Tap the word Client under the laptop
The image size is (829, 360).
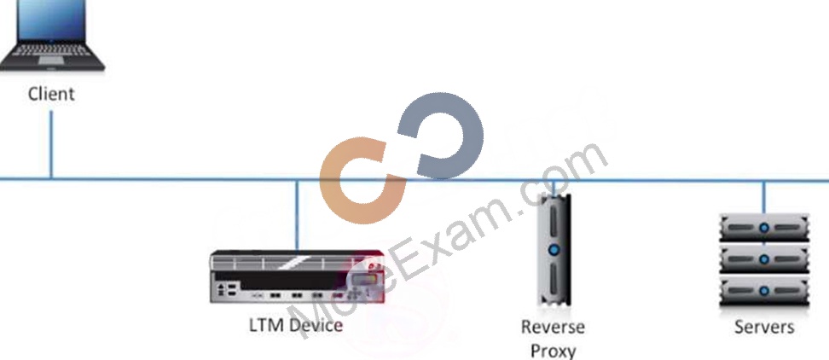tap(51, 94)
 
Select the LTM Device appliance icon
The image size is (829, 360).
tap(297, 276)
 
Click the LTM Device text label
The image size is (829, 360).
tap(296, 325)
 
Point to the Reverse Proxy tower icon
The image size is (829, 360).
tap(554, 249)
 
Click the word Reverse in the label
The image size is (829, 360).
tap(553, 327)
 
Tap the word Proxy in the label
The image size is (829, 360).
tap(553, 351)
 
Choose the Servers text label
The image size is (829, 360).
tap(764, 327)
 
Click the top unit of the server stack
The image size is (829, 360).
tap(764, 228)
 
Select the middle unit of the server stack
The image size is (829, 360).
tap(764, 259)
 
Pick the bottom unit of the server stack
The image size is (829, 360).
tap(764, 291)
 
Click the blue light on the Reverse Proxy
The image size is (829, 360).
tap(554, 249)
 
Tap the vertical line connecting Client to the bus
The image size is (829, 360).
tap(51, 145)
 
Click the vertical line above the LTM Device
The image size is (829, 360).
tap(297, 215)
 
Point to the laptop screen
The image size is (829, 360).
tap(51, 20)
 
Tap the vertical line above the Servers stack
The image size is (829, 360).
tap(763, 197)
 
